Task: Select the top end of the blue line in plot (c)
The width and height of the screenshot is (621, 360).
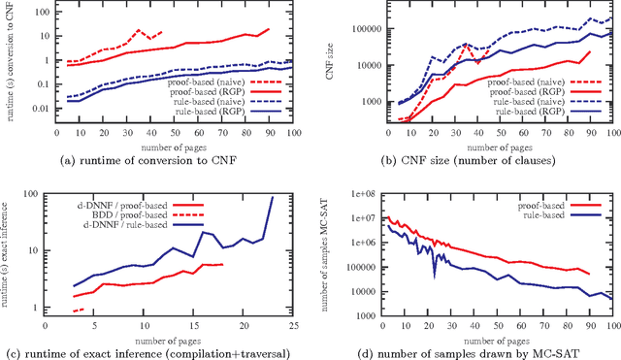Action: click(x=274, y=198)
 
